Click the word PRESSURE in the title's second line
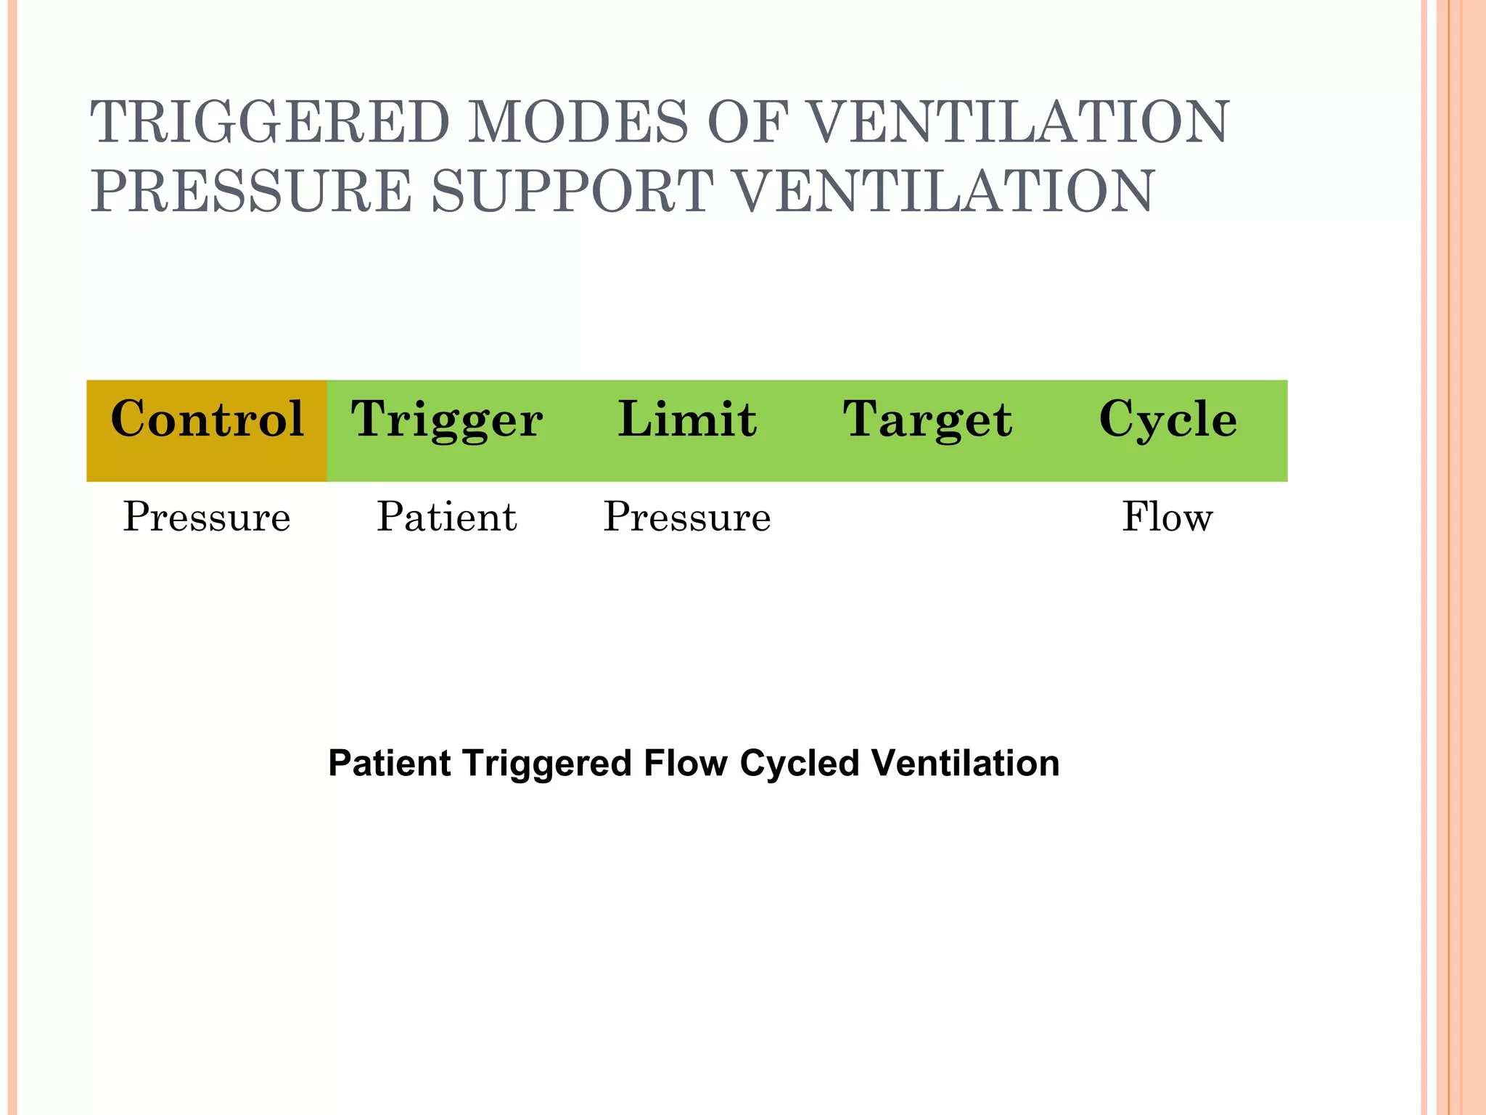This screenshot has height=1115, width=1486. point(251,191)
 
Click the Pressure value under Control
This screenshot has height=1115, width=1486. point(207,518)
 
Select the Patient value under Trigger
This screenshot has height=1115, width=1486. point(447,518)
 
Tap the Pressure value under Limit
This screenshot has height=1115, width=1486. point(687,518)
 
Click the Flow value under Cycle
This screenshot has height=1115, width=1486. point(1167,518)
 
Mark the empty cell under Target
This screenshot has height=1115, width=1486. point(927,518)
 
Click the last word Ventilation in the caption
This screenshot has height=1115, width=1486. point(966,764)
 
